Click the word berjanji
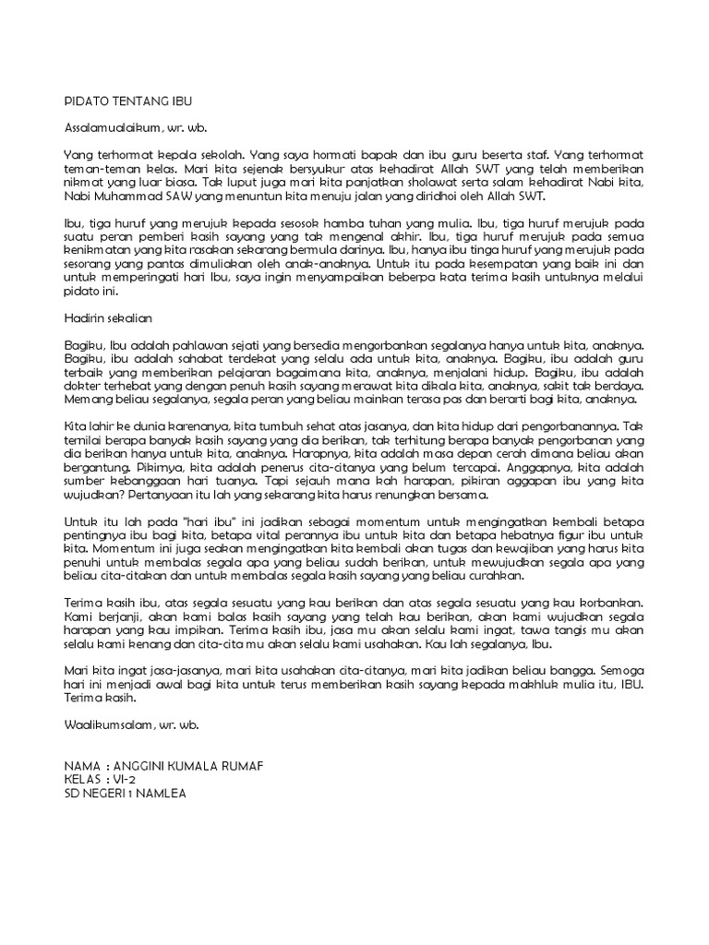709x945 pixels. coord(120,616)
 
